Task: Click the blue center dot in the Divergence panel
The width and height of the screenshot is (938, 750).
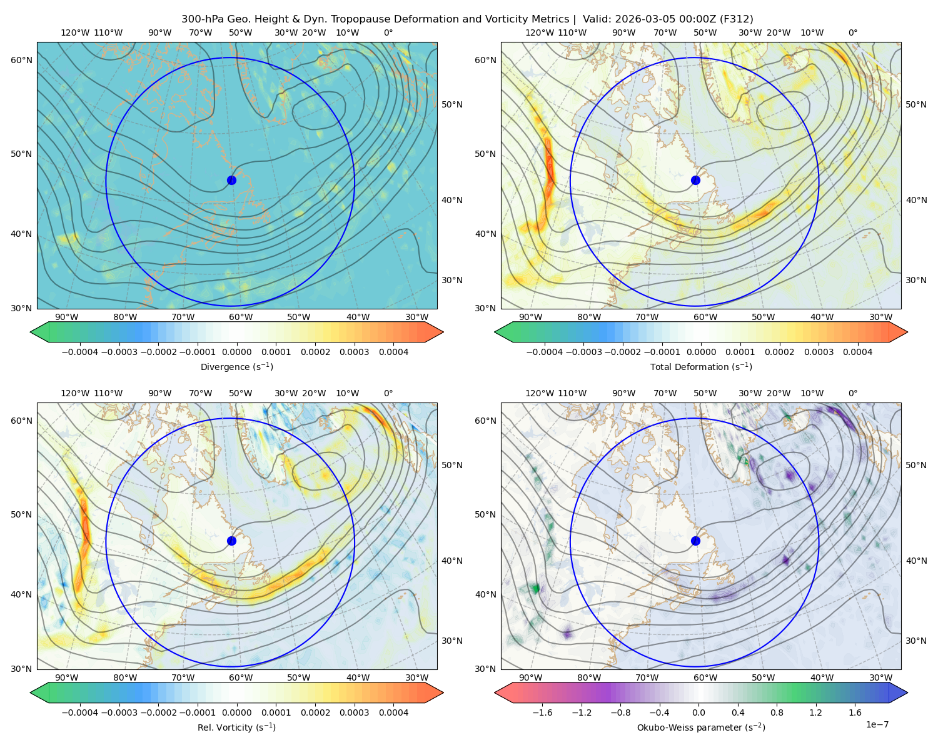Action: pyautogui.click(x=231, y=180)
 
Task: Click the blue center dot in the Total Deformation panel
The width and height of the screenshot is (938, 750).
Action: pyautogui.click(x=695, y=180)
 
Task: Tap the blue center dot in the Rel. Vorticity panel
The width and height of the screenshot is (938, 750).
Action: pyautogui.click(x=231, y=541)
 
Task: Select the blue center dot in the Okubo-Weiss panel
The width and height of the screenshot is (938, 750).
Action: pyautogui.click(x=695, y=541)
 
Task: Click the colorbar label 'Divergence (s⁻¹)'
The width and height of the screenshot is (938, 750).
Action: pyautogui.click(x=236, y=366)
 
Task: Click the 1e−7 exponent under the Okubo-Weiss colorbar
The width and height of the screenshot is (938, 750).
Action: pyautogui.click(x=877, y=724)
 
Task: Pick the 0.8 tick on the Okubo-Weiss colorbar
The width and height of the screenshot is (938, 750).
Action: pyautogui.click(x=777, y=712)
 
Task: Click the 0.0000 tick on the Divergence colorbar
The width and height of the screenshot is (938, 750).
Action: pyautogui.click(x=236, y=352)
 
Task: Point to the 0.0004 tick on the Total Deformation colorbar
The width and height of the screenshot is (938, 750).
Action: pyautogui.click(x=857, y=352)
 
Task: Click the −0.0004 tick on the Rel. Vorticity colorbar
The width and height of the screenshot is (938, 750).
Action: pyautogui.click(x=80, y=712)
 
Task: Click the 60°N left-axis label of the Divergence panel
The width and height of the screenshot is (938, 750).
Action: pyautogui.click(x=21, y=60)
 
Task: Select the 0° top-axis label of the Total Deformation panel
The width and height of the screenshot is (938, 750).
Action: pyautogui.click(x=852, y=32)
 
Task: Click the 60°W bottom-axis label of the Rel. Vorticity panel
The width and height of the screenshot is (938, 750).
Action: pyautogui.click(x=241, y=677)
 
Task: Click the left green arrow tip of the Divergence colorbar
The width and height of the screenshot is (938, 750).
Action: pyautogui.click(x=31, y=332)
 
